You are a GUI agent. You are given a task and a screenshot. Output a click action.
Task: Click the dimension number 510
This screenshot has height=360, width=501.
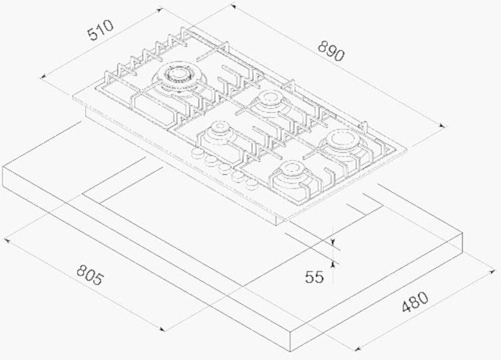(x=101, y=30)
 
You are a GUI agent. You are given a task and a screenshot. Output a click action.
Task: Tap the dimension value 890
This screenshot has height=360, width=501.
(x=332, y=51)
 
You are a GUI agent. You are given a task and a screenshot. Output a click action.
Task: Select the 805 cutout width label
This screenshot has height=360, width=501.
(x=91, y=275)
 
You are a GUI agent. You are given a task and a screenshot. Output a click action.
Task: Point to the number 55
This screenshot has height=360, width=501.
(x=314, y=277)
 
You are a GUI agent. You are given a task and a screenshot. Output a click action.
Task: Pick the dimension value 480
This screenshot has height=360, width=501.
(x=415, y=302)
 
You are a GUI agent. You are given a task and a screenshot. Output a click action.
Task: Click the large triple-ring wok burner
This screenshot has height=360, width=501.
(x=178, y=78)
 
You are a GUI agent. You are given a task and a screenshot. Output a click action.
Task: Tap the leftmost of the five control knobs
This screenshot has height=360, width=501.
(x=197, y=153)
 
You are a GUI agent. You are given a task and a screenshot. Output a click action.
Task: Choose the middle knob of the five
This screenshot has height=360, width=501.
(x=225, y=168)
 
